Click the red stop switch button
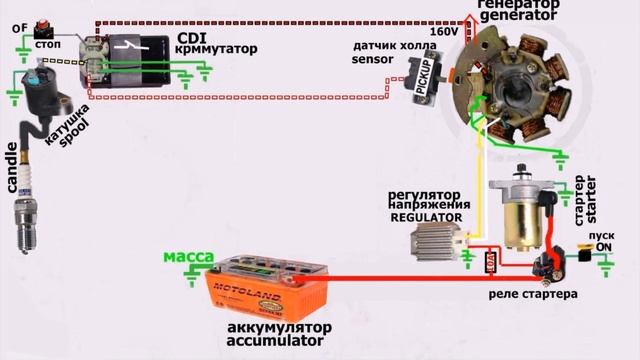(44, 27)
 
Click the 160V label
(444, 32)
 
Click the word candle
(13, 167)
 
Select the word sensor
(373, 59)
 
